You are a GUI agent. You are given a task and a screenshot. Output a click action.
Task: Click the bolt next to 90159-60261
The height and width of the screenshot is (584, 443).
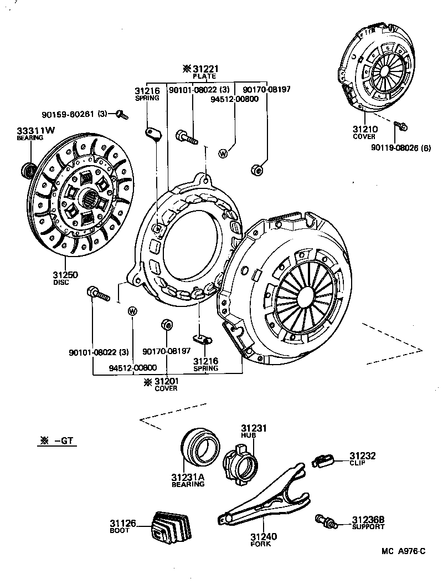122,115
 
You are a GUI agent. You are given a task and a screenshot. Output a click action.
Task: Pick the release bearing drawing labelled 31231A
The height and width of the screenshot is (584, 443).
200,447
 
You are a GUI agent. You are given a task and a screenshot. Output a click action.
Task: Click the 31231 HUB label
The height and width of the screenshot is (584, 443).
254,431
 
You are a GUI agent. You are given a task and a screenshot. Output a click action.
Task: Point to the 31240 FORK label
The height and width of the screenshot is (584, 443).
263,540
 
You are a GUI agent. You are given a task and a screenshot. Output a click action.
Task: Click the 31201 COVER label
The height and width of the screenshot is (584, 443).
166,384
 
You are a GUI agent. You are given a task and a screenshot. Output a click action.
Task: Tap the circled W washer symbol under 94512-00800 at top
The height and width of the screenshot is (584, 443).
224,152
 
